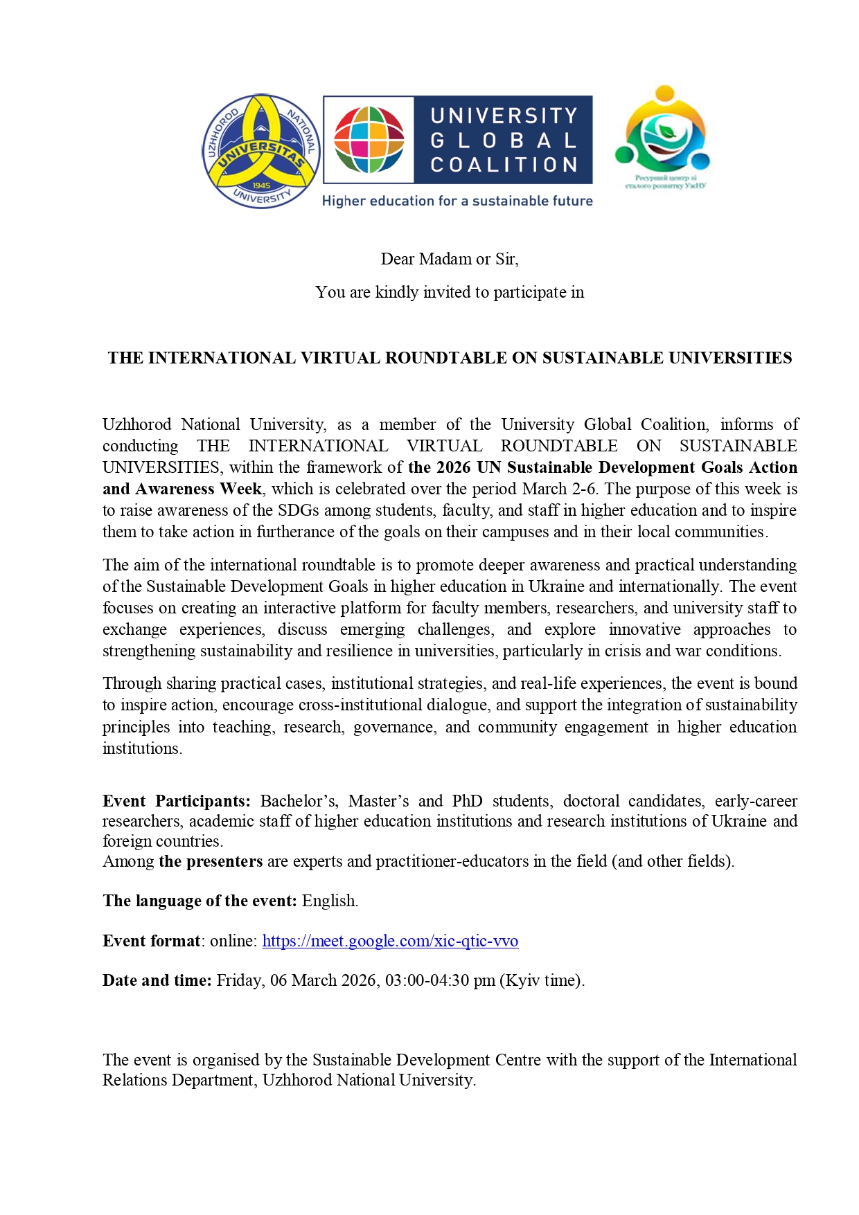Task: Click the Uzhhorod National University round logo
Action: point(261,151)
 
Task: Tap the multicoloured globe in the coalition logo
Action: point(369,140)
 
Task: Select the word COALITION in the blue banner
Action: point(504,165)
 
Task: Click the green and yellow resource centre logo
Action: point(663,132)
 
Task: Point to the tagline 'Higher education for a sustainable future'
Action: point(457,201)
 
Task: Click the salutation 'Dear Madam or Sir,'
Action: point(450,259)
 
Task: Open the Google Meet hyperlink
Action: point(390,941)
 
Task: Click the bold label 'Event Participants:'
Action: point(177,801)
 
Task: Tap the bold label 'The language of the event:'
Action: point(200,901)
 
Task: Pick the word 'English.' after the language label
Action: point(330,901)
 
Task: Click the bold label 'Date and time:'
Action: point(157,980)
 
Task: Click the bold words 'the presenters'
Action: point(211,861)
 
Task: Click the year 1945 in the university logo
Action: point(261,186)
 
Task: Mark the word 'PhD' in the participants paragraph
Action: point(467,801)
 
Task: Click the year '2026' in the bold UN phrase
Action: point(453,467)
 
